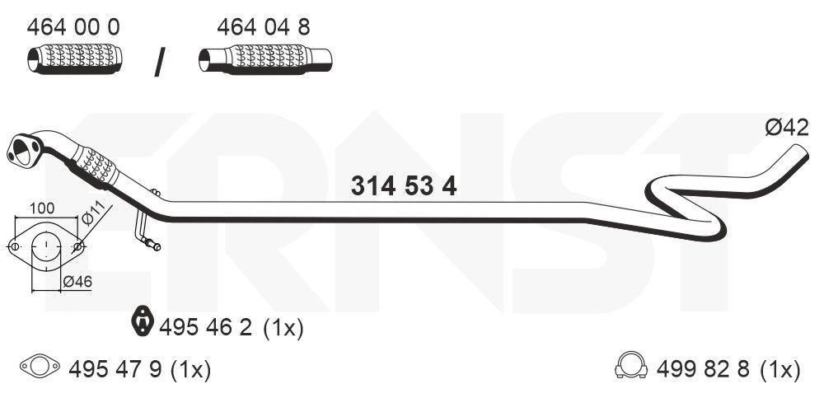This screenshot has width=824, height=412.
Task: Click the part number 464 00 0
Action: click(73, 27)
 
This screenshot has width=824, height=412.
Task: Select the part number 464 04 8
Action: click(264, 27)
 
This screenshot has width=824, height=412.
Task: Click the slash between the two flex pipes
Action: click(160, 63)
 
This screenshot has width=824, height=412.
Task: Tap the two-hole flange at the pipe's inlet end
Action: click(22, 150)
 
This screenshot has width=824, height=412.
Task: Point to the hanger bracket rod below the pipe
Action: click(143, 231)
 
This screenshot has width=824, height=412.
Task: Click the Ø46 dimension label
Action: click(78, 282)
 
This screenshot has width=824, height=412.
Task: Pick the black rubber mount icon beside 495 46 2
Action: click(144, 322)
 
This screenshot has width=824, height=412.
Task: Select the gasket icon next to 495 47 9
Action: click(39, 368)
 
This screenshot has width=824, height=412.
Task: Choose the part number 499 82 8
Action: click(705, 370)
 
